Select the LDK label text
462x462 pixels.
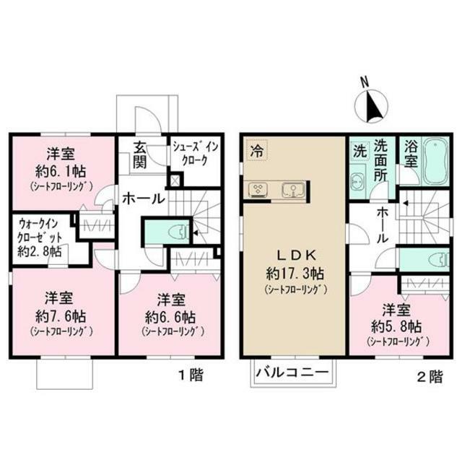[294, 254]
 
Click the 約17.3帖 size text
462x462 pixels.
[294, 274]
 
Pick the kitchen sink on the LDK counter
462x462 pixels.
[293, 190]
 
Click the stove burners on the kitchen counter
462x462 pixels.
[258, 190]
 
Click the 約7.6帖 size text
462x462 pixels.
[62, 316]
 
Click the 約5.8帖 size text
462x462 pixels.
[398, 326]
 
